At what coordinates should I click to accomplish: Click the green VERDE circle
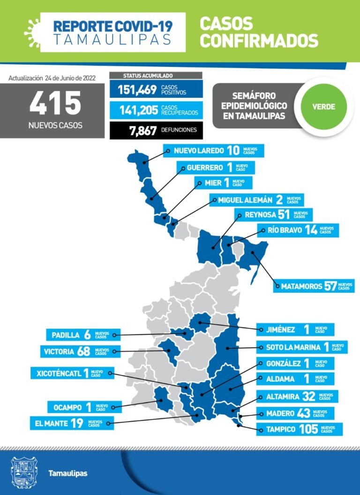(323, 107)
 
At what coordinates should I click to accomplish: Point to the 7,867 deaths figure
(143, 130)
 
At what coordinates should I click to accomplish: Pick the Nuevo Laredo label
(213, 151)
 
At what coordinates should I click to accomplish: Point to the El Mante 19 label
(65, 423)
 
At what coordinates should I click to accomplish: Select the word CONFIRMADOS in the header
(259, 40)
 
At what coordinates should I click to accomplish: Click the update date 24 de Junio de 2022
(70, 78)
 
